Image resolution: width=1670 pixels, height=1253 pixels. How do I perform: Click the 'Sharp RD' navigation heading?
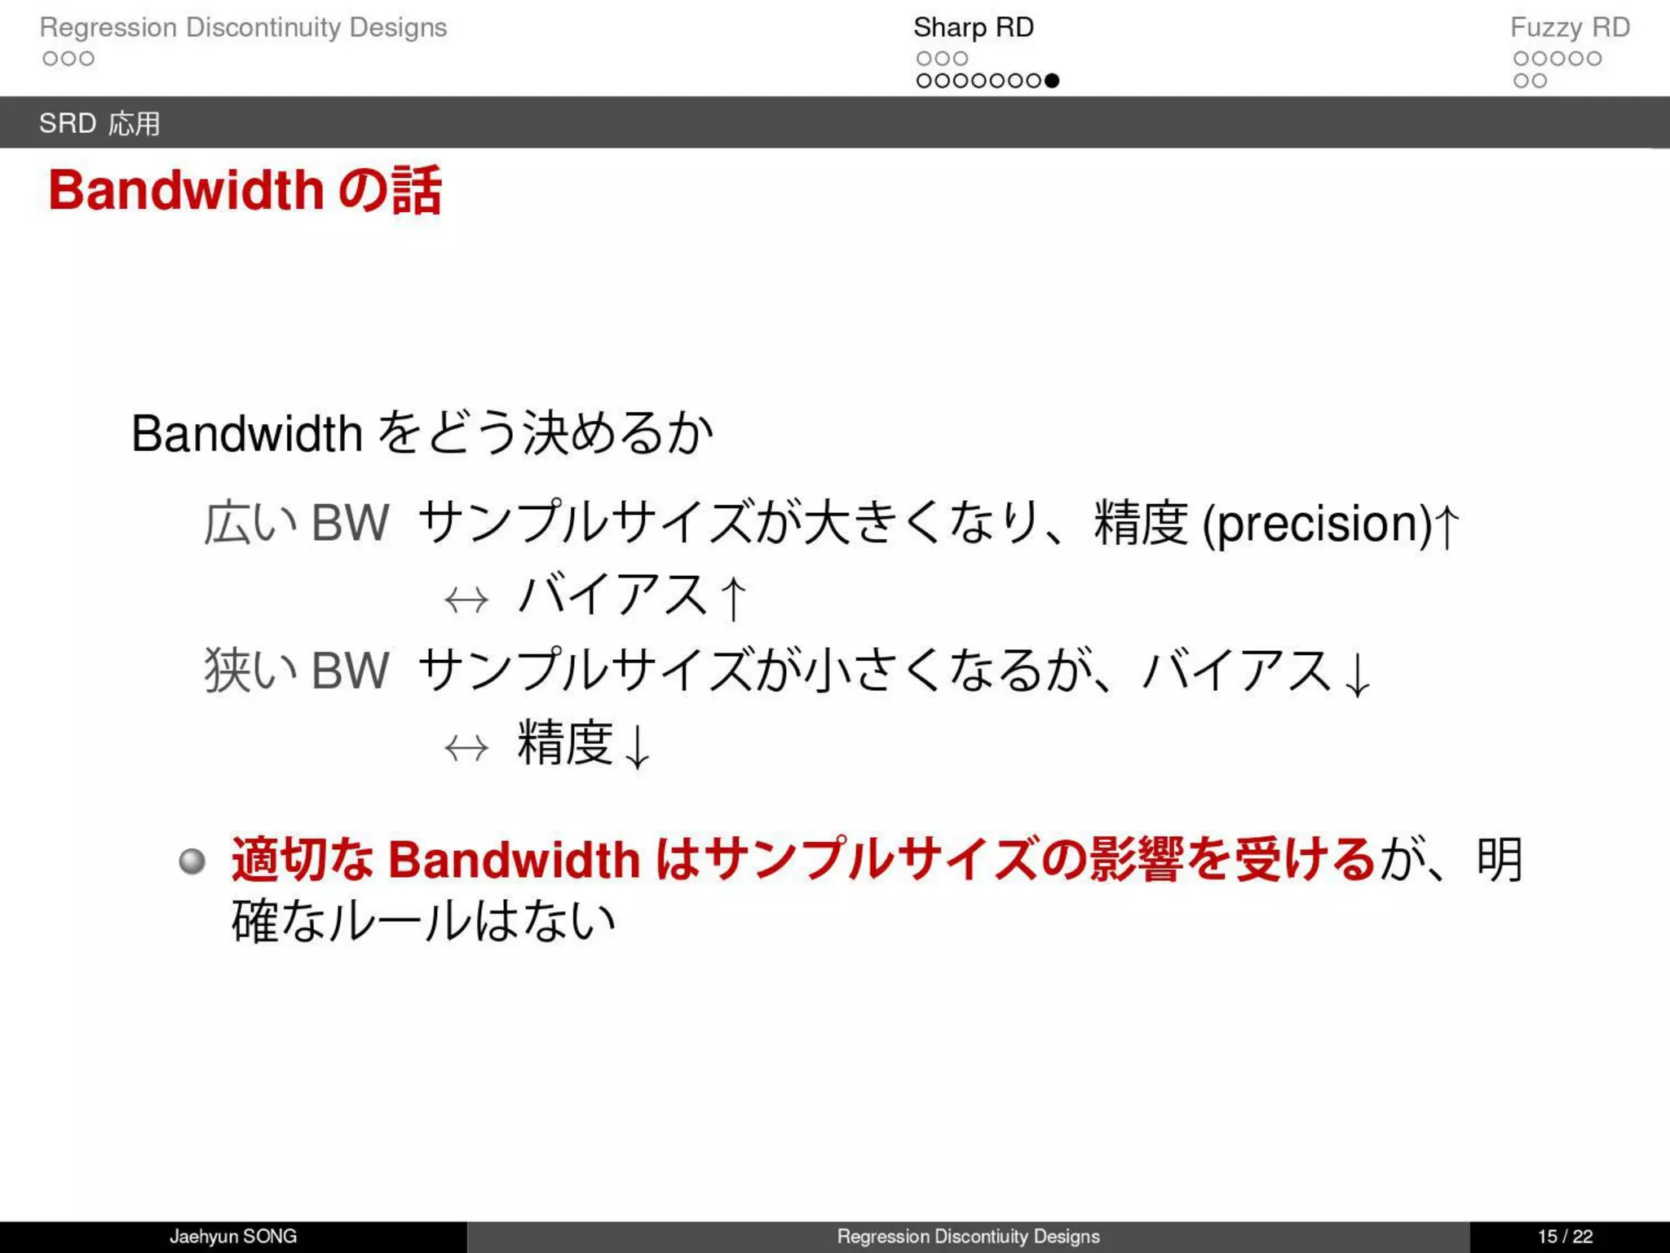tap(973, 27)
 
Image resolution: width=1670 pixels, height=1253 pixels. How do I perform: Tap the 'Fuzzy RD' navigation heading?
tap(1570, 27)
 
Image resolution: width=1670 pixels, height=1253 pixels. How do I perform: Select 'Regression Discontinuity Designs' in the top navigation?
tap(243, 27)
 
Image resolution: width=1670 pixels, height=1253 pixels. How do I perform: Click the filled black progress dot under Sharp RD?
tap(1052, 81)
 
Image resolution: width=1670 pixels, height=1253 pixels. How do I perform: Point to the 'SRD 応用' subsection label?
tap(99, 123)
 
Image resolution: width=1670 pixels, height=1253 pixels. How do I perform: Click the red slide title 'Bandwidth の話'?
tap(245, 190)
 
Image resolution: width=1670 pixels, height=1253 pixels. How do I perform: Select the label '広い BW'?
tap(297, 523)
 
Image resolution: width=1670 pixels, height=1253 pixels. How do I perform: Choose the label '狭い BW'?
tap(297, 671)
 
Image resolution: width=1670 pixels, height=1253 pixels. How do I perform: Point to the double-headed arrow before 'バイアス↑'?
tap(466, 600)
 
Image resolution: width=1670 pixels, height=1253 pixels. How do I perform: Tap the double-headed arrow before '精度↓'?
tap(466, 747)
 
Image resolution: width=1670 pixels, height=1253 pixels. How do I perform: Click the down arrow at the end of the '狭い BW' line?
tap(1357, 674)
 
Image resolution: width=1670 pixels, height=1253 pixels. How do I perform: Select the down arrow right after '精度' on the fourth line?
tap(637, 746)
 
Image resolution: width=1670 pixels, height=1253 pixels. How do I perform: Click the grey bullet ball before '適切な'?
tap(192, 861)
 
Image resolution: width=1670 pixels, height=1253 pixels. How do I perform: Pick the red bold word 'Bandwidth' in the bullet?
tap(514, 860)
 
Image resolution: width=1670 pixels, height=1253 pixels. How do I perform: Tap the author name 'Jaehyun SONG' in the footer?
tap(233, 1237)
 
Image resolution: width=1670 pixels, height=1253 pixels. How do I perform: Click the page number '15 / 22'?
tap(1565, 1237)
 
